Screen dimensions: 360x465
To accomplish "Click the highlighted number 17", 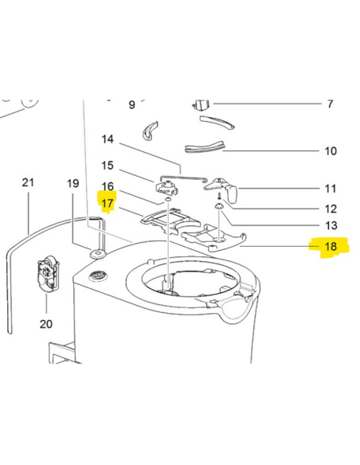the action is [108, 203].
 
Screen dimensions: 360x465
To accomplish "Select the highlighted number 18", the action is [331, 247].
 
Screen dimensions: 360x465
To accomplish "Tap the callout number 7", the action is [330, 104].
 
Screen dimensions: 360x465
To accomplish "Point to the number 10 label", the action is [331, 151].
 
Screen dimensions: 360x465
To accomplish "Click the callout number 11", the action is [331, 189].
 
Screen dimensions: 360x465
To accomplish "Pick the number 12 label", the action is [331, 209].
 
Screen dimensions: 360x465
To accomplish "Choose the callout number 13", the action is [331, 225].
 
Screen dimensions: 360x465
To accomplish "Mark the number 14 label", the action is [108, 139].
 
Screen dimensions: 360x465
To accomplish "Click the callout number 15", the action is [108, 165].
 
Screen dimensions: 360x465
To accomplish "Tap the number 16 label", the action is [108, 186].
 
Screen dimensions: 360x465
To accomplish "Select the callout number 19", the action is [72, 183].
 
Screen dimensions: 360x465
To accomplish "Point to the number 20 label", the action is [46, 324].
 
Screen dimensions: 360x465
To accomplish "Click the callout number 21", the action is [28, 182].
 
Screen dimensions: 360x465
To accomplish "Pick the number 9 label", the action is [132, 104].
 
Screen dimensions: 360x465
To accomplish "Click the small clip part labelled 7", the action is [202, 105].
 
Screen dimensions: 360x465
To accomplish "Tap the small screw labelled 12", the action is [219, 196].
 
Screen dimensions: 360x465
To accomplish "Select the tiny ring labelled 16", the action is [167, 200].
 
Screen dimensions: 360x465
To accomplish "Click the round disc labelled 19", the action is [97, 254].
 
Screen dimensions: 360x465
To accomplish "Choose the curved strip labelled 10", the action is [205, 147].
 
